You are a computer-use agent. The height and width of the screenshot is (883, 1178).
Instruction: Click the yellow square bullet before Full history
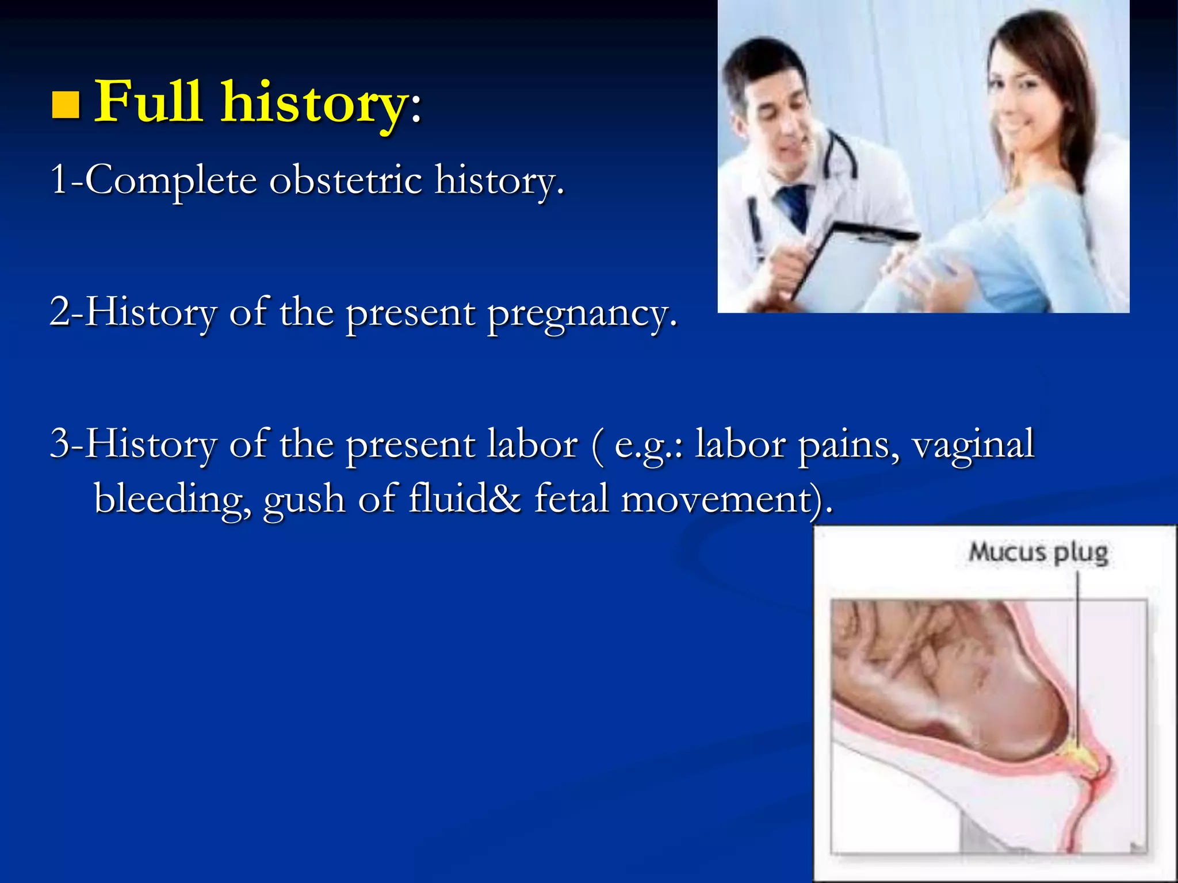click(x=65, y=105)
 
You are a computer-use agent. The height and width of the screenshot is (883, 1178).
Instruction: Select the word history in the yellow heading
click(x=313, y=103)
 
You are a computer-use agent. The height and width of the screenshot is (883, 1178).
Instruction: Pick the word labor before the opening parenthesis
click(x=531, y=444)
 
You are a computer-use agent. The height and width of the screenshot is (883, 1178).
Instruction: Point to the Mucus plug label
click(x=1038, y=552)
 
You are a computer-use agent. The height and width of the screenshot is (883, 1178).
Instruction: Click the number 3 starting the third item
click(x=60, y=444)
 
